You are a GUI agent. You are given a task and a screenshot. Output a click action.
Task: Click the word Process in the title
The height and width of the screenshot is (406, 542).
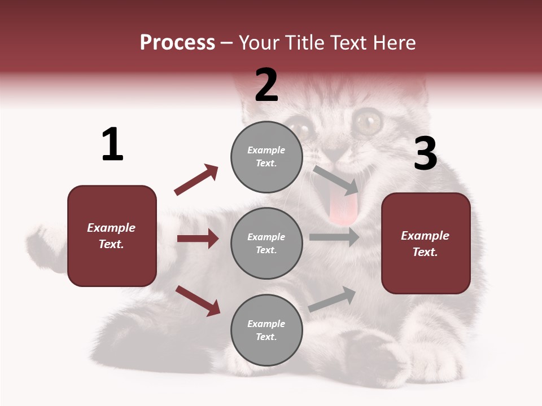tap(177, 42)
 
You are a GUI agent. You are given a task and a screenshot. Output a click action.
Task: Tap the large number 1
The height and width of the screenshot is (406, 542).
tap(112, 144)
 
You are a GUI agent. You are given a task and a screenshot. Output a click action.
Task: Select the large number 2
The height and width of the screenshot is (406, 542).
tap(266, 85)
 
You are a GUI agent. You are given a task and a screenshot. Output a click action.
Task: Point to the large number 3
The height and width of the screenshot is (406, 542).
tap(425, 154)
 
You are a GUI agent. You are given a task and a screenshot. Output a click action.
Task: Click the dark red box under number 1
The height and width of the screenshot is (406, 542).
tap(112, 236)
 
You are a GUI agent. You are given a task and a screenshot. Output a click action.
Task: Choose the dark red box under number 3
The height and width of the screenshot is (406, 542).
tap(426, 243)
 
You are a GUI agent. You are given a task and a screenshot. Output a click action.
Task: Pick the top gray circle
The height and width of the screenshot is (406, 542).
tap(266, 156)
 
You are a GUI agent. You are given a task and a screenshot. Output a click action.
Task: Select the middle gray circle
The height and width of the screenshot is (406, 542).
tap(266, 243)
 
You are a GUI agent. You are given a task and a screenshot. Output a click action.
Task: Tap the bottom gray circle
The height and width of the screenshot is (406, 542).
tap(266, 330)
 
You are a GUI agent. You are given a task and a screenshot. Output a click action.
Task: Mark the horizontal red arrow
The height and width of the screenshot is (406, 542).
tap(198, 239)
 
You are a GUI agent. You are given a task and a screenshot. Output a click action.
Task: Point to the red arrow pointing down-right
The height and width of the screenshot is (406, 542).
tap(198, 301)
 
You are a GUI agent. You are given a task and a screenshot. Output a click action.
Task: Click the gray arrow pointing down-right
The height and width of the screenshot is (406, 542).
tap(335, 180)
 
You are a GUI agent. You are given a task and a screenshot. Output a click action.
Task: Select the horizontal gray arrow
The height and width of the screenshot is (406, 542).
tap(334, 237)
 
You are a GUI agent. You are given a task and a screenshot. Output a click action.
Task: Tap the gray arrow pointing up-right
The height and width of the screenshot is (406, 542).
tap(332, 299)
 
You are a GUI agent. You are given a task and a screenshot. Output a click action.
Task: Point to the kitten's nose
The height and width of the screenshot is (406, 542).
tap(337, 153)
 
